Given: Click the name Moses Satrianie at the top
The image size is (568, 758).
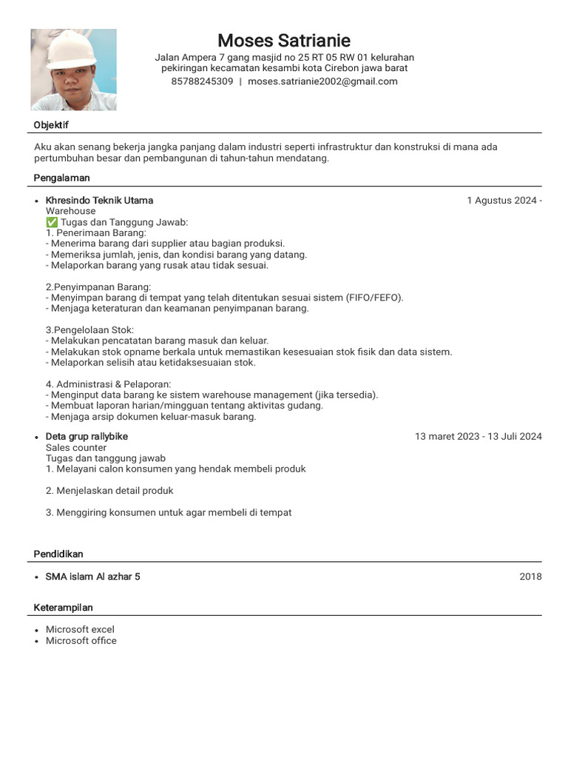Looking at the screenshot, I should coord(284,40).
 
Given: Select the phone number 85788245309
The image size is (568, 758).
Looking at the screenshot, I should coord(202,81).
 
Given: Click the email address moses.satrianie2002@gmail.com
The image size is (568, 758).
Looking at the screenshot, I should coord(322,81).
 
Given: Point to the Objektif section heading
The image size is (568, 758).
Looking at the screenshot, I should coord(51,125).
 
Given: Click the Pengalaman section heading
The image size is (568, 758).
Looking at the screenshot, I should coord(62,178).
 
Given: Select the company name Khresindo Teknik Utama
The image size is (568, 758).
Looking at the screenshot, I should coord(99,201).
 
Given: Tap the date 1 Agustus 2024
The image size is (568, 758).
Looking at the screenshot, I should coord(501,201).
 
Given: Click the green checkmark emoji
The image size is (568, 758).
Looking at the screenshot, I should coord(52,222).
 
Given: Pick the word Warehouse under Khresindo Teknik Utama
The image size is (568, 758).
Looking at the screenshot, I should coord(71,211).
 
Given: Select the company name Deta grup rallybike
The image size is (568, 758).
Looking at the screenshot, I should coord(87,437).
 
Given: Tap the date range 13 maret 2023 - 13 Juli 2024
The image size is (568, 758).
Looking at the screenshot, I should coord(478,437).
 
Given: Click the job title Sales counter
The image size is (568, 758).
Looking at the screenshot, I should coord(76,448).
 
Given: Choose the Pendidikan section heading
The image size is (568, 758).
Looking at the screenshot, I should coord(58,554).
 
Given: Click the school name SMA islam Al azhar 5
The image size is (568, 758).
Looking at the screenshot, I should coord(92,577).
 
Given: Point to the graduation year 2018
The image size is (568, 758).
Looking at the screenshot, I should coord(530,577).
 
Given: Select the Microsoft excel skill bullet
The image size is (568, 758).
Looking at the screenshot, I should coord(80,629).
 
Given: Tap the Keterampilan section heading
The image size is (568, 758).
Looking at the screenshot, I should coord(64,608).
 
